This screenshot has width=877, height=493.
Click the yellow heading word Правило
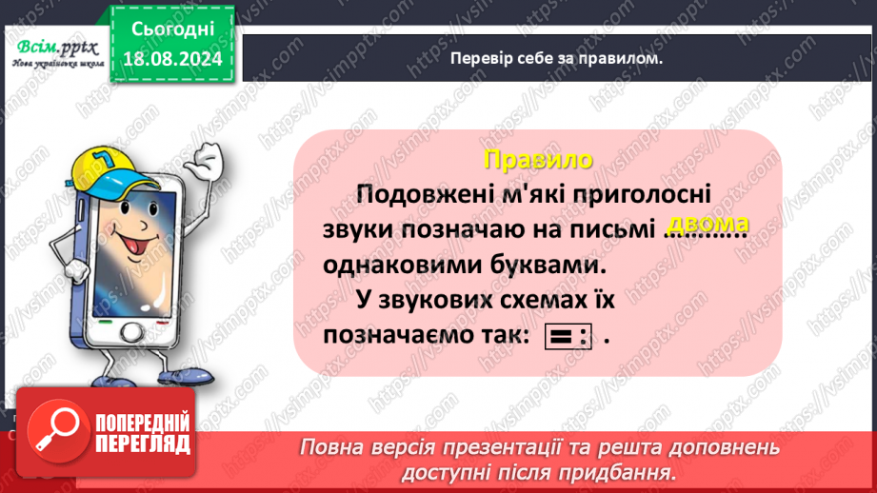click(x=537, y=159)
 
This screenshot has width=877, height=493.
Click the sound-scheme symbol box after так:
click(x=568, y=338)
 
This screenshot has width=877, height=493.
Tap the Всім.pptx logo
click(x=52, y=48)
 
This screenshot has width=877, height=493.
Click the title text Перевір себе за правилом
click(x=556, y=58)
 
